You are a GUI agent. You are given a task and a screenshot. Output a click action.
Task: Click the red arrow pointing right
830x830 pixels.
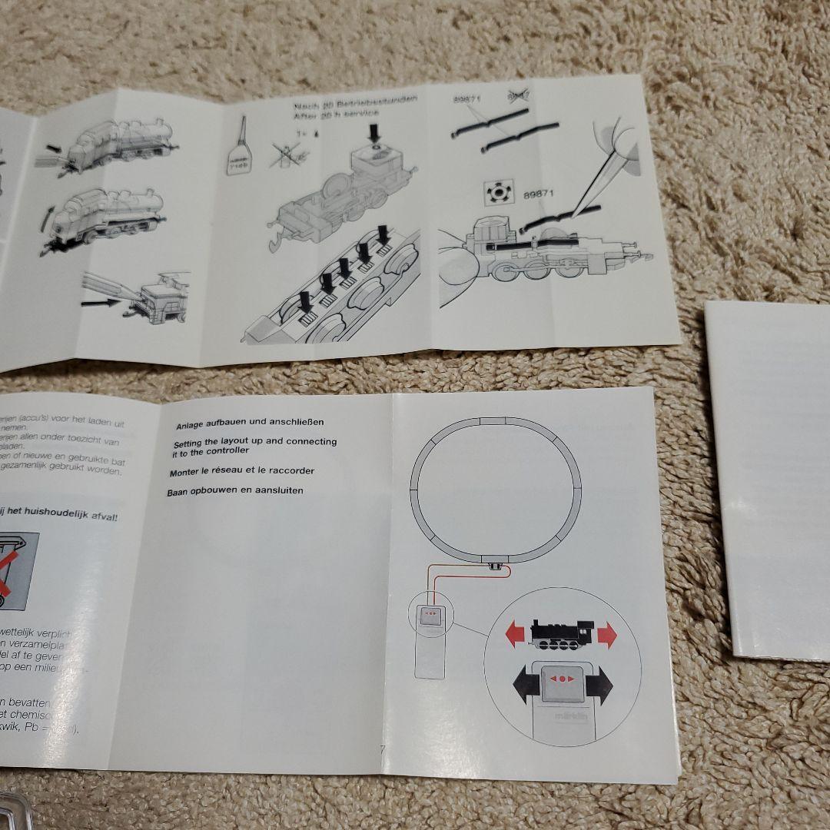pos(606,635)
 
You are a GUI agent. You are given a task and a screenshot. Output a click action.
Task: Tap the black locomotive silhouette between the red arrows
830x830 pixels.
pos(560,633)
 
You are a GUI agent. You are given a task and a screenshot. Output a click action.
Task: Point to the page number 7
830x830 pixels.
pos(382,749)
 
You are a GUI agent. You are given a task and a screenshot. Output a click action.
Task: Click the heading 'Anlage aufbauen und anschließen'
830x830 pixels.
pos(250,423)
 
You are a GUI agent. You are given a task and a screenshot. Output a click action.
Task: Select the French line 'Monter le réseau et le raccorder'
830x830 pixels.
pos(242,470)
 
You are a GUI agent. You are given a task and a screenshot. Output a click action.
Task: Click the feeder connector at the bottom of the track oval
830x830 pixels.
pos(496,567)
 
